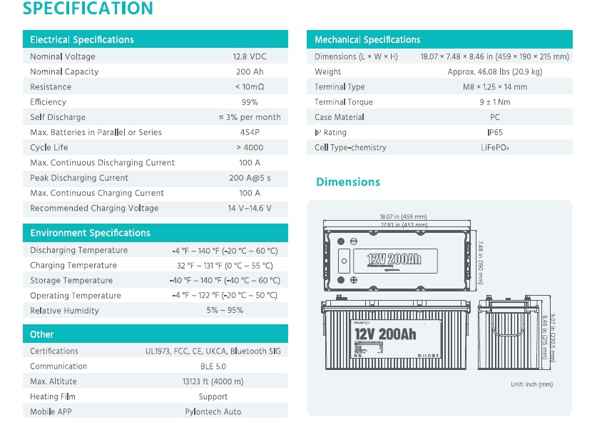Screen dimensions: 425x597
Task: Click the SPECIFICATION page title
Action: tap(88, 9)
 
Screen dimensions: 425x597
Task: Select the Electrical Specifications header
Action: tap(82, 39)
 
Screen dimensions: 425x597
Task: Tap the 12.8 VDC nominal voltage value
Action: tap(250, 56)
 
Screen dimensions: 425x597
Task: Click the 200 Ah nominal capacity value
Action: tap(250, 71)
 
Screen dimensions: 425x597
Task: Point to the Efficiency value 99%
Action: tap(250, 102)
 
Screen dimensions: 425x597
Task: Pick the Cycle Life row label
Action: tap(49, 148)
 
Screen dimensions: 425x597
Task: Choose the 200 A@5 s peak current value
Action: tap(250, 178)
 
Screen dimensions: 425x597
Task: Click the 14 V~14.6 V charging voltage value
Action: tap(250, 209)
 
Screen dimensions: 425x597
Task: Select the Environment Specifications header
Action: tap(90, 233)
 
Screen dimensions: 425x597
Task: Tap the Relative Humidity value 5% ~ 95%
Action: tap(225, 311)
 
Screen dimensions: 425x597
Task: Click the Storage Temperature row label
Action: tap(71, 281)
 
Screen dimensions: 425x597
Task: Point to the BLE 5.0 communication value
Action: tap(213, 366)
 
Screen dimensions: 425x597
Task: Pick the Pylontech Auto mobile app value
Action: tap(213, 412)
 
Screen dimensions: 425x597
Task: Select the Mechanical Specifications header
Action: tap(367, 39)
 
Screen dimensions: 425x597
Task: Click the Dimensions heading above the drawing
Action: tap(348, 182)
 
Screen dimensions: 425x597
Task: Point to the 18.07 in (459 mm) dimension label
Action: tap(403, 216)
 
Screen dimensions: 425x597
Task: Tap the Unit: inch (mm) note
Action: tap(532, 384)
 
